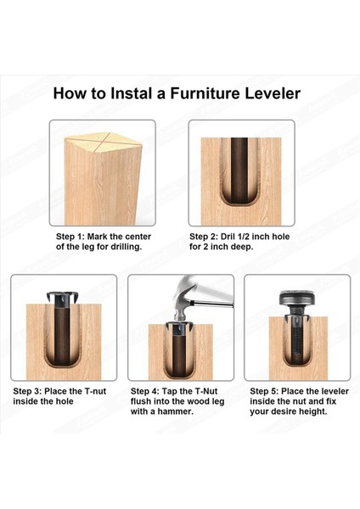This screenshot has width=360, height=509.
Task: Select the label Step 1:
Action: pyautogui.click(x=70, y=237)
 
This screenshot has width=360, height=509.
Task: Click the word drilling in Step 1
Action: pyautogui.click(x=126, y=247)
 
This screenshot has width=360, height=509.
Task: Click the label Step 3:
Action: pyautogui.click(x=27, y=391)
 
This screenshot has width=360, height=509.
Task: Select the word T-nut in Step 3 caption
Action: pyautogui.click(x=95, y=391)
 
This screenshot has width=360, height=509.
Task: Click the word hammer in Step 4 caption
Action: pyautogui.click(x=177, y=411)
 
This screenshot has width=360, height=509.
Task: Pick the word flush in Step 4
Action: pyautogui.click(x=141, y=401)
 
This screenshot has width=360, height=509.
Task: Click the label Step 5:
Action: pyautogui.click(x=264, y=391)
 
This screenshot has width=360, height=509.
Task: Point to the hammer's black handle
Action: pyautogui.click(x=213, y=304)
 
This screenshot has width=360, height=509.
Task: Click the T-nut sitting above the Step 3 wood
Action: pyautogui.click(x=62, y=299)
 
